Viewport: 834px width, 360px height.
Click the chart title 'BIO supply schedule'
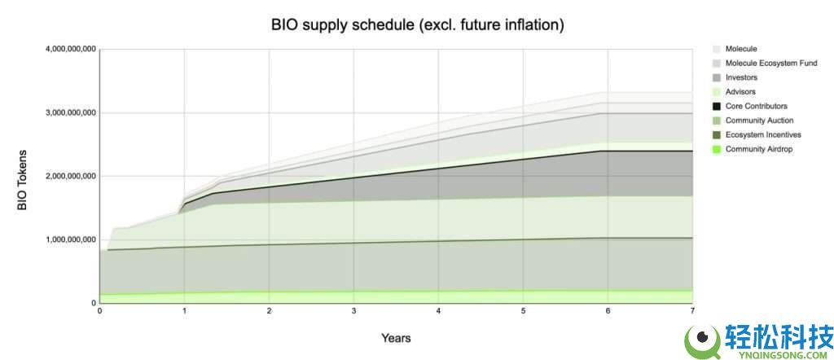[417, 24]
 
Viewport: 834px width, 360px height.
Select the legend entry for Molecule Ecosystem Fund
[770, 64]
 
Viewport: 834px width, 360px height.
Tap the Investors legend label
[741, 77]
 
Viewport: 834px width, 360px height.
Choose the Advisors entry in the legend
[740, 92]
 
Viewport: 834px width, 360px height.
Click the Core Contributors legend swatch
[717, 107]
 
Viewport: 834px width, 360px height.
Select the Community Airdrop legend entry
[758, 149]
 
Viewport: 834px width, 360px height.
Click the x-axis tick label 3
[353, 311]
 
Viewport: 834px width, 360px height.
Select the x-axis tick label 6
[608, 311]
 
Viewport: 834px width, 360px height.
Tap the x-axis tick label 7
[691, 311]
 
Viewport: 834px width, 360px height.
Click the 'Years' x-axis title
[396, 337]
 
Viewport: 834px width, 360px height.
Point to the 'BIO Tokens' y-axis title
[22, 180]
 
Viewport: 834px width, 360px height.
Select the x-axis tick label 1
[184, 311]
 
